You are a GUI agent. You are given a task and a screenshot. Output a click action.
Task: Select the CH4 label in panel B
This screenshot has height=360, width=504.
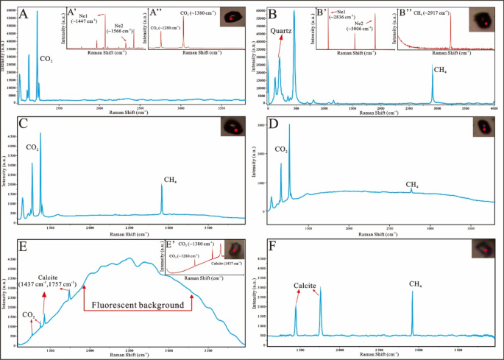click(x=439, y=70)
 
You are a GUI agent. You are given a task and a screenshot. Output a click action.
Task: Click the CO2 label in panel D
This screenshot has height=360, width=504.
click(x=282, y=149)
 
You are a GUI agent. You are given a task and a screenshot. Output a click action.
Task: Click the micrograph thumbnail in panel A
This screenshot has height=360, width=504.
click(x=234, y=15)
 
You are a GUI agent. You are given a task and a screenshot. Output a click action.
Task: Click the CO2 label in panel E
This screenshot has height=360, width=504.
click(x=27, y=315)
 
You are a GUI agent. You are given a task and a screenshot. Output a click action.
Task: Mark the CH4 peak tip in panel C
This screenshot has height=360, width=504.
click(x=162, y=185)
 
